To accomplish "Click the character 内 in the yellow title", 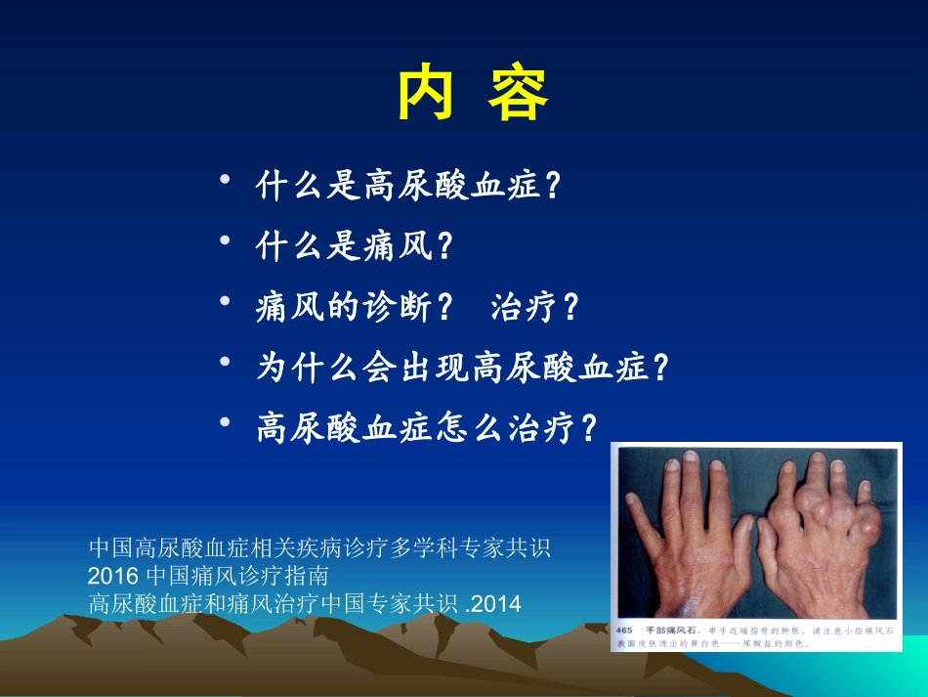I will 427,94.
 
